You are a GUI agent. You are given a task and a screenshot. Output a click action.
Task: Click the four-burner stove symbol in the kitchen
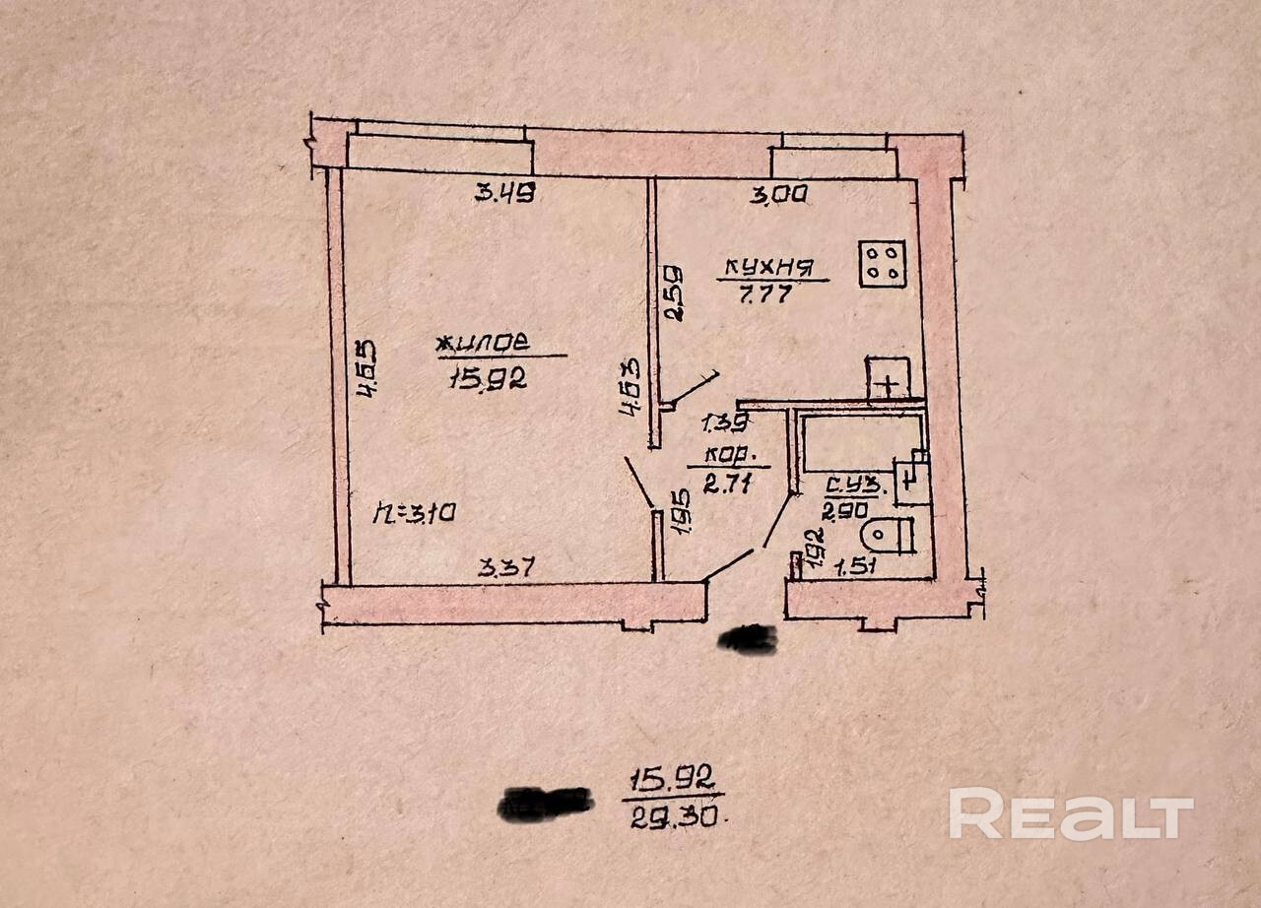(x=883, y=263)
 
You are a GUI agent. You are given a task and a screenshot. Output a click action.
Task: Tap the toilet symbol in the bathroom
(x=887, y=535)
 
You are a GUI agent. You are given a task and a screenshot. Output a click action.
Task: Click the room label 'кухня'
(x=767, y=266)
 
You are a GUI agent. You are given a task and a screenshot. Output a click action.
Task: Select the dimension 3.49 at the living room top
(x=504, y=194)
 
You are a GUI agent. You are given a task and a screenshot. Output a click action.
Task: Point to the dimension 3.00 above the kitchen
(x=778, y=195)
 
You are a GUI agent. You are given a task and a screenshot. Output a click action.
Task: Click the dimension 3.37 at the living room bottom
(x=506, y=567)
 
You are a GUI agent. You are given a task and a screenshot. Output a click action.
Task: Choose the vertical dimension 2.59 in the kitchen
(x=673, y=292)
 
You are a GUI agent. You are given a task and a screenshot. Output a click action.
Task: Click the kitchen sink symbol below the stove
(x=888, y=378)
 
